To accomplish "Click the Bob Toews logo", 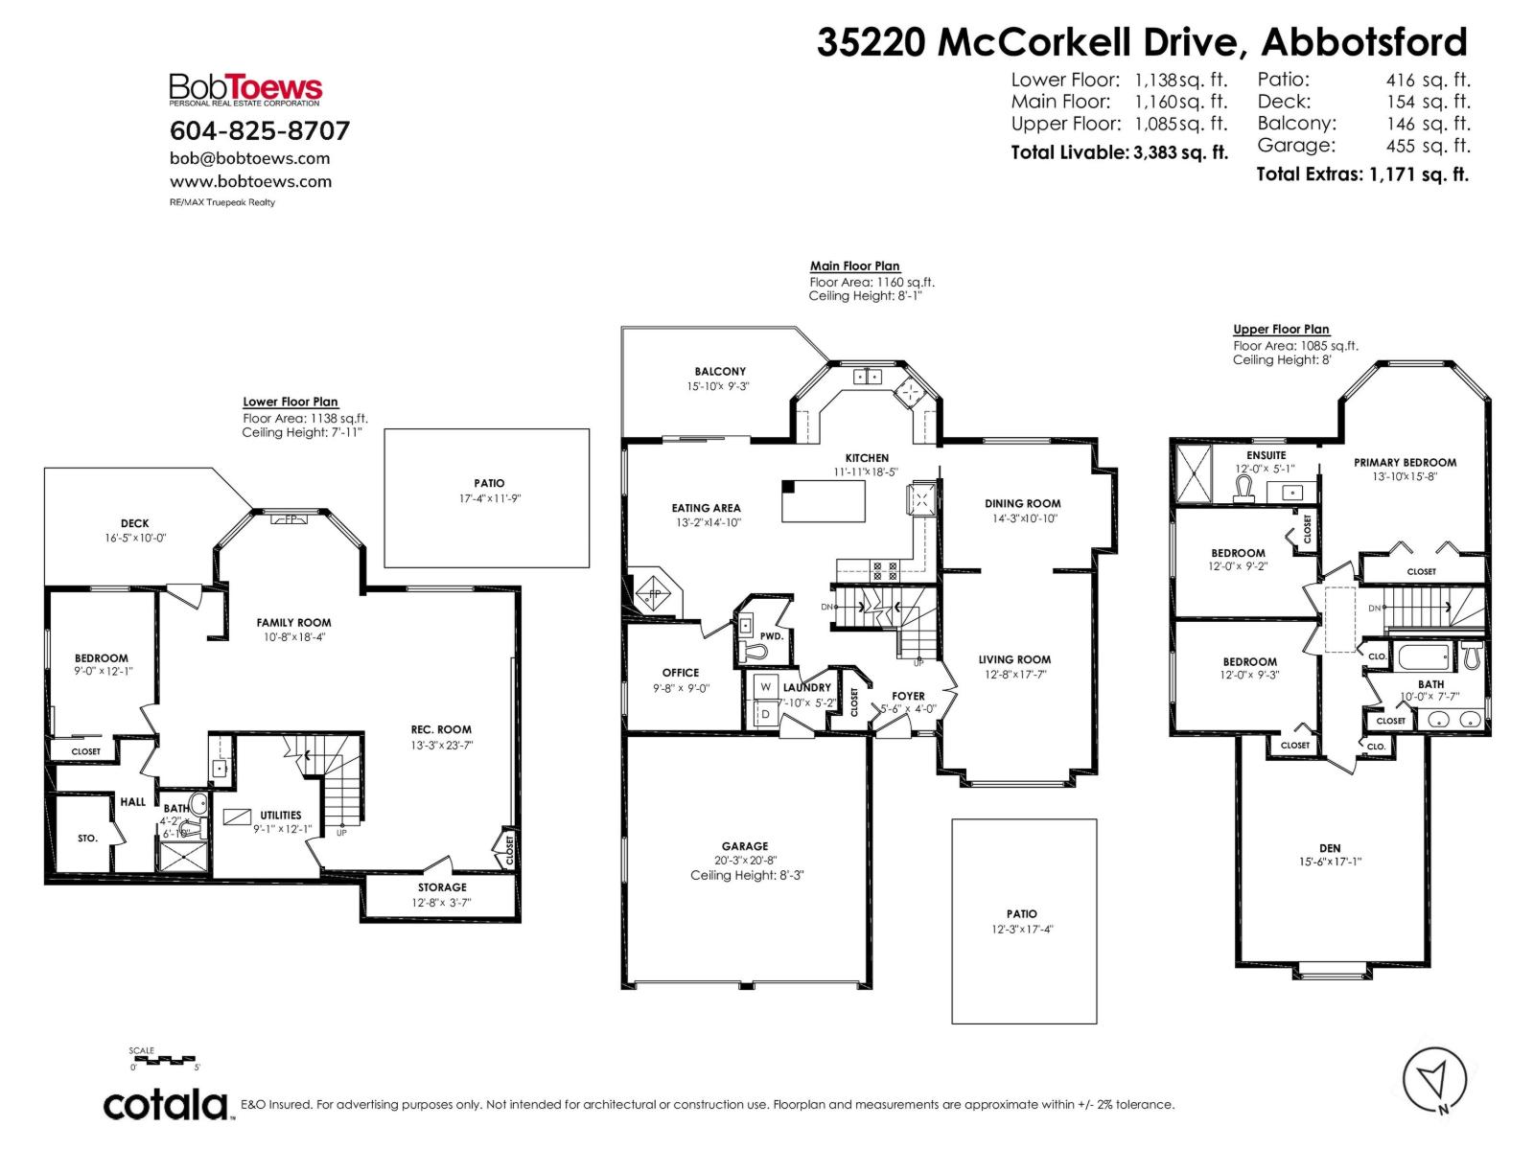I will [x=245, y=90].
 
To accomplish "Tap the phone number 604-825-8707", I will [x=260, y=130].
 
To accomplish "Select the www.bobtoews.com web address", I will [x=250, y=181].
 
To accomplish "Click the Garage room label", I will [x=745, y=846].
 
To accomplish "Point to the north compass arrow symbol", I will [x=1434, y=1080].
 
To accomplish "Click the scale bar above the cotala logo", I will [x=165, y=1060].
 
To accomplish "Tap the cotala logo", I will [x=165, y=1105].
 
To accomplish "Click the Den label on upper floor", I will [x=1330, y=848].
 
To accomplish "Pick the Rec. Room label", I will [x=441, y=729].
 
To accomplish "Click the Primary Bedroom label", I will [x=1405, y=462].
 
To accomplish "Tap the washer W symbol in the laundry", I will [x=766, y=686].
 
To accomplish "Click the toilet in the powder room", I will [x=755, y=652].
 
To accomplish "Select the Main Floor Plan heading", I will [x=854, y=266].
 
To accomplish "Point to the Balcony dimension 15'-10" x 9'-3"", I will [x=719, y=386].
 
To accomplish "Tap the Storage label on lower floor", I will [x=442, y=887].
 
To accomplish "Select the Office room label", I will [x=681, y=673].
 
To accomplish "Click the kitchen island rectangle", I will [x=824, y=501].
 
